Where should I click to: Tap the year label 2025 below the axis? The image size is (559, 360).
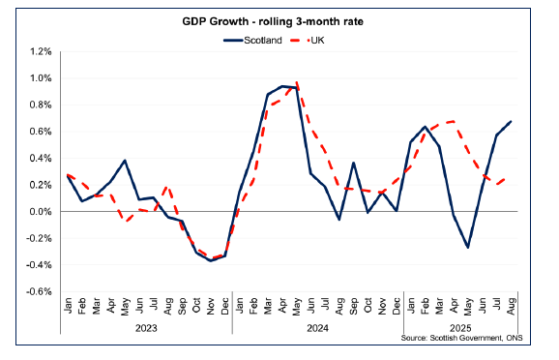point(459,326)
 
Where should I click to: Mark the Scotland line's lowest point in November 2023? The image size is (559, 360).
point(211,261)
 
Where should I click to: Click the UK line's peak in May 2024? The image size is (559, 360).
point(296,83)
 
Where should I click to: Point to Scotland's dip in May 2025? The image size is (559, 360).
point(467,248)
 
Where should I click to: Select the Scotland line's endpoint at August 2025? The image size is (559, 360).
point(510,121)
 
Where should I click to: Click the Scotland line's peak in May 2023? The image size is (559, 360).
point(125,161)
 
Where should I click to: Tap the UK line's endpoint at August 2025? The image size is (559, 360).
point(510,178)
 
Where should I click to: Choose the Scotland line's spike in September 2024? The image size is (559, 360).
point(353,163)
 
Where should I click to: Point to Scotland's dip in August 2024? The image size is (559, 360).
point(338,220)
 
